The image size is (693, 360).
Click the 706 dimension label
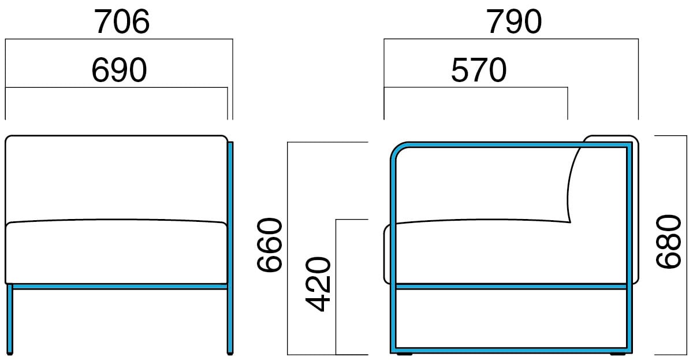point(122,23)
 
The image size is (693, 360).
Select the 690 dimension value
point(119,70)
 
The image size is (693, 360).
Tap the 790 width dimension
point(514,23)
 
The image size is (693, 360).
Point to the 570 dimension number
point(478,70)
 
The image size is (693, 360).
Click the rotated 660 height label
point(269,245)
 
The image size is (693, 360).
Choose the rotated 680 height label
point(669,241)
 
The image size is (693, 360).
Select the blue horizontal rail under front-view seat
point(118,286)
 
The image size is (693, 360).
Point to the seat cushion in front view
point(115,253)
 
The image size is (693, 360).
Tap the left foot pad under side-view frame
point(404,354)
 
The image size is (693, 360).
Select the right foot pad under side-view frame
point(618,354)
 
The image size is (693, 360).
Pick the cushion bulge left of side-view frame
point(387,254)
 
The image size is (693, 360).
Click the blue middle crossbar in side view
point(511,285)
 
